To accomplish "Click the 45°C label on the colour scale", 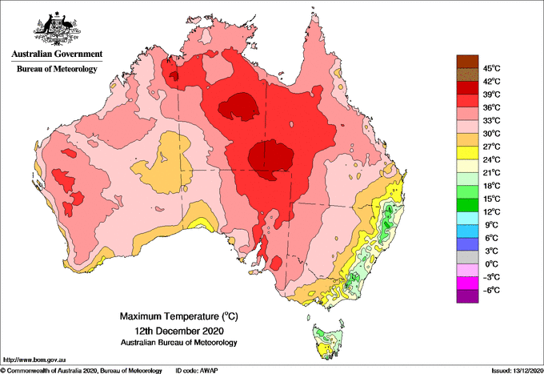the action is tap(492, 68).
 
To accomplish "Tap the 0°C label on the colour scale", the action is tap(492, 264).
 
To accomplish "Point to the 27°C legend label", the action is tap(492, 147).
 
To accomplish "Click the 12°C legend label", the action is tap(492, 212).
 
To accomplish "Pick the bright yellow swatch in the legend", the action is tap(467, 153).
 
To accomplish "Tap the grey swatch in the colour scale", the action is tap(467, 258).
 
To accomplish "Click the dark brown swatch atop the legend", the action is tap(467, 62).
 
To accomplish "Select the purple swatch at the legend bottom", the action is tap(467, 296).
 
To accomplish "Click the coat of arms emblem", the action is tap(57, 29).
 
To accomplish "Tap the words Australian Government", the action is tap(57, 54).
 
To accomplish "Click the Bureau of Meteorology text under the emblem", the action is tap(57, 69).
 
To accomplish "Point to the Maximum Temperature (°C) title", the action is tap(179, 316).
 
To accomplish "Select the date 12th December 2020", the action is tap(179, 330).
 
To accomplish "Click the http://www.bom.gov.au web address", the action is tap(34, 360).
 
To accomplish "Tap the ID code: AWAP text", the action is tap(197, 371).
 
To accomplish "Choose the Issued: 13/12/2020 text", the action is tap(517, 371).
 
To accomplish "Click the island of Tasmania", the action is tap(328, 341).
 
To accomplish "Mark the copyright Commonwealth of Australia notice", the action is tap(82, 371).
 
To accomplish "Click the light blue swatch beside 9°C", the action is tap(467, 219).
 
